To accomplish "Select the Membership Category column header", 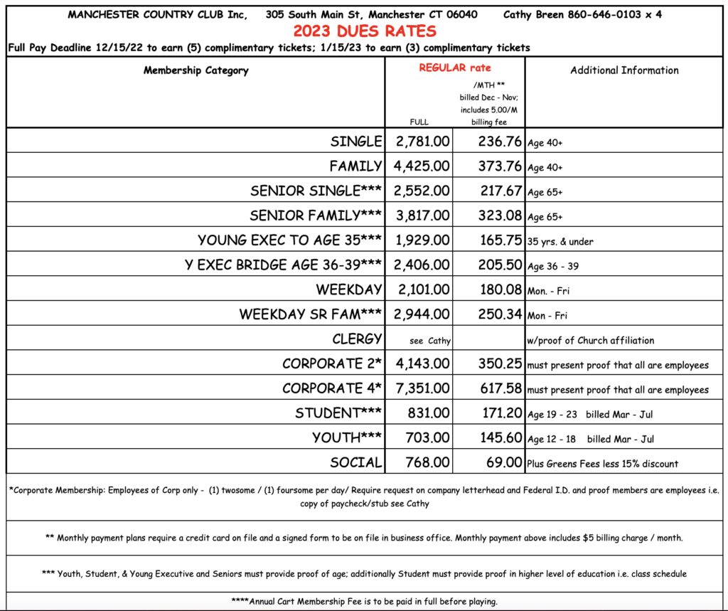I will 196,70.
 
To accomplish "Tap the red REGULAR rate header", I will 454,68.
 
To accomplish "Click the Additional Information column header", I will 624,70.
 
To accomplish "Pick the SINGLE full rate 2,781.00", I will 422,142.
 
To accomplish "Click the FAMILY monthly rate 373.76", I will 490,166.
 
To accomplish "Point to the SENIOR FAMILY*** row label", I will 316,216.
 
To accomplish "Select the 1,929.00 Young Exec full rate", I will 422,240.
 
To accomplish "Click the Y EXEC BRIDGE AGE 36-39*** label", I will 283,265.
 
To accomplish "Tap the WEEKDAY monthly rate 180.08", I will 490,289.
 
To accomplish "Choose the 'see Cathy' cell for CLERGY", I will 430,341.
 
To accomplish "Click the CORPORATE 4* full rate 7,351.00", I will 422,388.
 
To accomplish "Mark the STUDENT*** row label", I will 338,413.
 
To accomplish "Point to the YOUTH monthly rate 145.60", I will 490,438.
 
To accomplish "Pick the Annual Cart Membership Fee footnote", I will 364,601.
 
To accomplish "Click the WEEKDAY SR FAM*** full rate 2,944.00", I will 422,314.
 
